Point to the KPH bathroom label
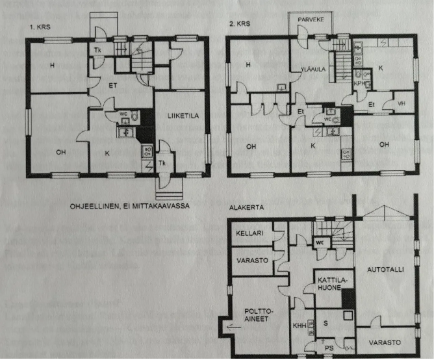(x=359, y=84)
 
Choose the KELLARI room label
(x=249, y=233)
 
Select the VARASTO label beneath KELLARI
(x=249, y=260)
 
